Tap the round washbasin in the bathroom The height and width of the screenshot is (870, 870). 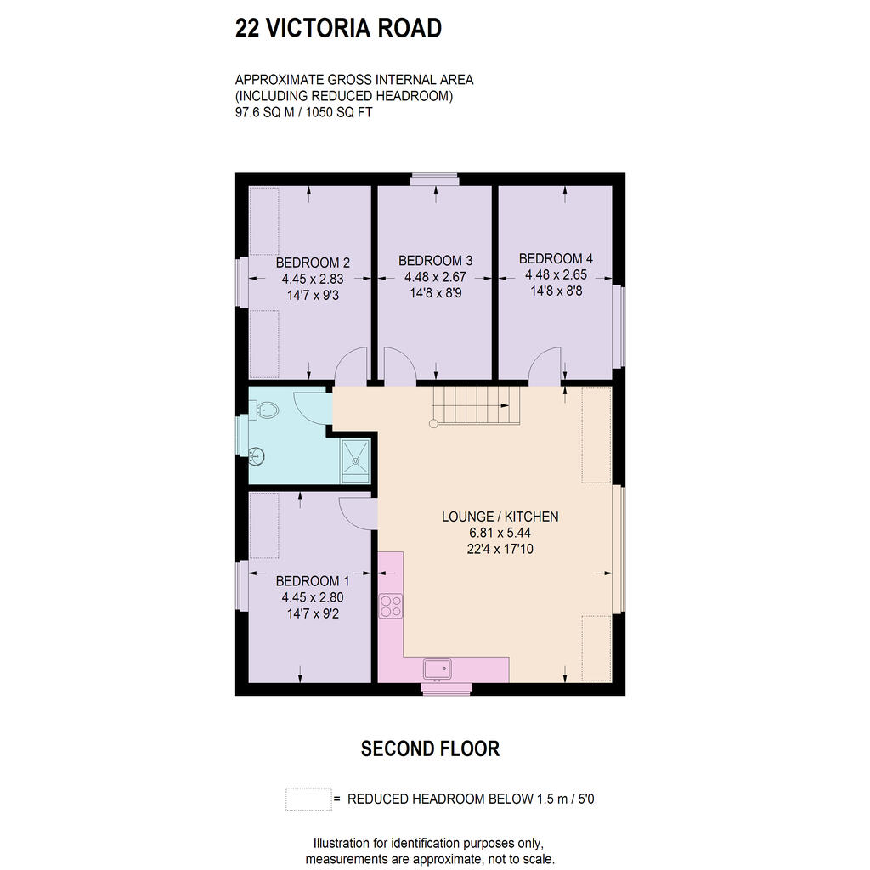click(x=257, y=456)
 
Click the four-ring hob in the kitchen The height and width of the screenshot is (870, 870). click(x=391, y=605)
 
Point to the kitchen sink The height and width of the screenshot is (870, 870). click(x=438, y=669)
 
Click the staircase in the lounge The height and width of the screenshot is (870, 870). click(x=476, y=407)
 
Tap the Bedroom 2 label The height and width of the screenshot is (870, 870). click(x=313, y=263)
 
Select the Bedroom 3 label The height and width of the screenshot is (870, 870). click(x=436, y=260)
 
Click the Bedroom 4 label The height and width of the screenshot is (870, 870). click(x=556, y=258)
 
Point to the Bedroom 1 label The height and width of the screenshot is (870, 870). click(x=313, y=581)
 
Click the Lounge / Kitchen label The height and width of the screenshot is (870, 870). click(x=500, y=517)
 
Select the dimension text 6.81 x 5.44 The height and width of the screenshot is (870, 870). click(x=500, y=533)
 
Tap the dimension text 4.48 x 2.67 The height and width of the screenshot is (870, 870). click(x=436, y=276)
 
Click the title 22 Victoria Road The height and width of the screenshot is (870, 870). click(x=338, y=28)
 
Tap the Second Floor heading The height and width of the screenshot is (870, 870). click(x=430, y=749)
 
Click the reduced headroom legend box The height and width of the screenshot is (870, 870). click(x=308, y=799)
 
